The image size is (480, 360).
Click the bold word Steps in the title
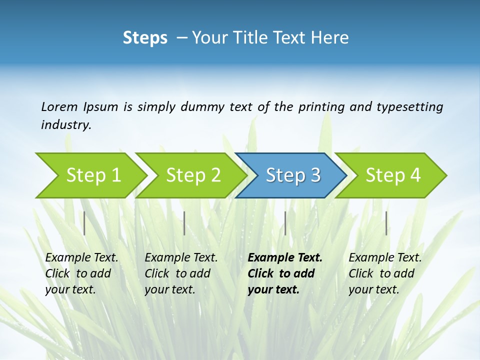(145, 37)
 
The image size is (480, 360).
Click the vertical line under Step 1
(84, 223)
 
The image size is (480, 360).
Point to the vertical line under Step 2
(184, 223)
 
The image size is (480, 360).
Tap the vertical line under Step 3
(285, 223)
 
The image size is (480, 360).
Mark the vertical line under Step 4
(386, 223)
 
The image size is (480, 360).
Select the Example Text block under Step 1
(81, 273)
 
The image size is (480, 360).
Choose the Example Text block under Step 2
(181, 273)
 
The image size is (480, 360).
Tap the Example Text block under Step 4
(385, 273)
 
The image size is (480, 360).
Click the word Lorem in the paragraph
(59, 106)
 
